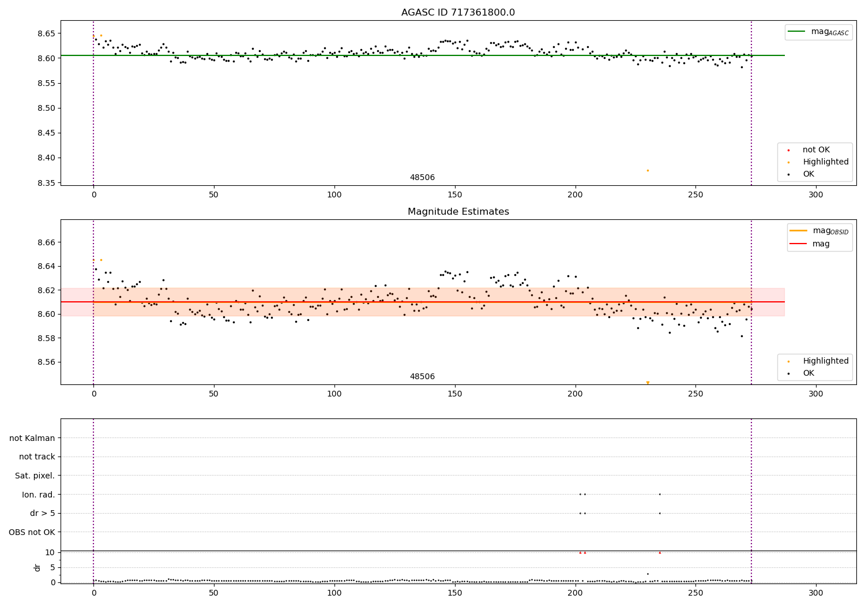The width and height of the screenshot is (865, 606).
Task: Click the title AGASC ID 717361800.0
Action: pyautogui.click(x=458, y=13)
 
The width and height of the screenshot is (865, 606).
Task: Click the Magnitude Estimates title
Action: pyautogui.click(x=458, y=212)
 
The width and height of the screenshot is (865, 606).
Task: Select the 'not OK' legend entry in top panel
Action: pyautogui.click(x=815, y=150)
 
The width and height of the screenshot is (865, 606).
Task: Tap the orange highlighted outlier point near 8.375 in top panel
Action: pyautogui.click(x=648, y=170)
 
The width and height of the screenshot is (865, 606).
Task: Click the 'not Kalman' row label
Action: pyautogui.click(x=32, y=438)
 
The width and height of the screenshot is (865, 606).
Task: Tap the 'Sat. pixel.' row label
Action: pyautogui.click(x=35, y=476)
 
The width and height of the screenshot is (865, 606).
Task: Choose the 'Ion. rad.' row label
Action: pyautogui.click(x=39, y=495)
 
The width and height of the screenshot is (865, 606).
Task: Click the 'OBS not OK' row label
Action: pyautogui.click(x=32, y=532)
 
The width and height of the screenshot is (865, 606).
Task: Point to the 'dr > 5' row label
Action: pyautogui.click(x=43, y=513)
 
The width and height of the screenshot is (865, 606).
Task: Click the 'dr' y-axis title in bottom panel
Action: pyautogui.click(x=37, y=567)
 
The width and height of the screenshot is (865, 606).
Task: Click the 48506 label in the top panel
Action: pyautogui.click(x=422, y=178)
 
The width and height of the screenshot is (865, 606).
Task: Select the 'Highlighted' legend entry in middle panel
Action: pyautogui.click(x=825, y=361)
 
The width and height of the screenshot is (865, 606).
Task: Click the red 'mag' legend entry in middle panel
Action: pyautogui.click(x=821, y=244)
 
